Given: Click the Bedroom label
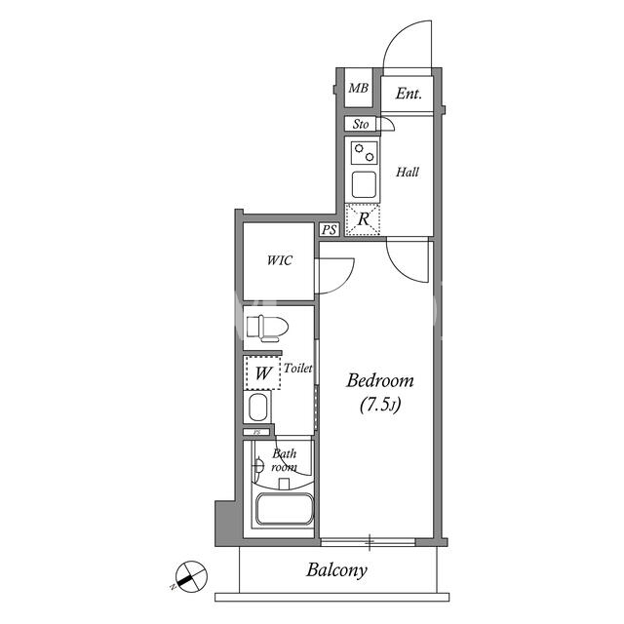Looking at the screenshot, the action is coord(380,380).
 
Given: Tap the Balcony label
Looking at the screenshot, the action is coord(336,570).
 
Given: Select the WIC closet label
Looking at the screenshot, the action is coord(280,260).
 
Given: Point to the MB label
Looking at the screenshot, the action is coord(358,88).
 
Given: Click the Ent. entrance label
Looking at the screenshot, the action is coord(409,94).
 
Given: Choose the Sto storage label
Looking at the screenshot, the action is coord(361,124).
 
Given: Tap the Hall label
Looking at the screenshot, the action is coord(408,172).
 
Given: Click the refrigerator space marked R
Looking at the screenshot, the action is coord(363,219).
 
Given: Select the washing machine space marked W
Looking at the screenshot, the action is coord(262,372).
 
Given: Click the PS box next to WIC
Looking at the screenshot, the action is coord(330,230).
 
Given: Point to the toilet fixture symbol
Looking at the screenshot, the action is coord(267,328).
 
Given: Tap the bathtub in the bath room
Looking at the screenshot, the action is coord(284,509).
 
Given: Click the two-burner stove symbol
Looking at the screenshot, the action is coord(364,153).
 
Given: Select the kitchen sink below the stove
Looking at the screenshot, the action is coord(364,184).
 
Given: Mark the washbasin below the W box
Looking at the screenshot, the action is coord(257,407).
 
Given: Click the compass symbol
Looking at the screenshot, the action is coord(191,576).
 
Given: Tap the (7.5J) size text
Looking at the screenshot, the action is coord(380,405).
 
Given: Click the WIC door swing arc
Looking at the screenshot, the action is coord(340,278).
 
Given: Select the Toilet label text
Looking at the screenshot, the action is coord(297,369).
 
